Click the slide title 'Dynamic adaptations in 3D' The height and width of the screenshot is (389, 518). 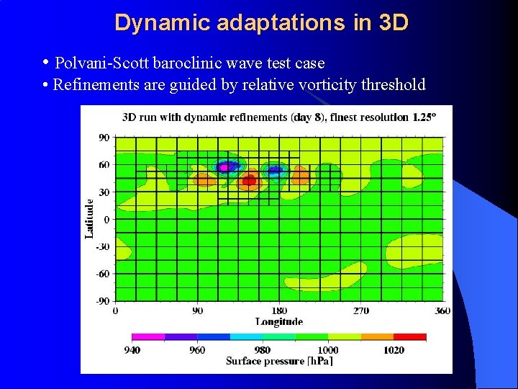pos(261,22)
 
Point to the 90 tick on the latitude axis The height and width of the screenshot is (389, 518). pos(104,137)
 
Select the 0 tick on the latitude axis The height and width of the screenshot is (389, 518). pos(106,219)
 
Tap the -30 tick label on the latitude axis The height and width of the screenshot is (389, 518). pos(103,246)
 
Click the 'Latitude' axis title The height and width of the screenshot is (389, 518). pos(89,219)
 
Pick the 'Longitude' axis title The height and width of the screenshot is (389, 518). pos(278,321)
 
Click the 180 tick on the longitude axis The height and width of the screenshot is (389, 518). pos(279,310)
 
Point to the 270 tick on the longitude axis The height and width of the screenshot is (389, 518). pos(360,310)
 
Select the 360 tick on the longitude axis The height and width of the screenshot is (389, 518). pos(442,310)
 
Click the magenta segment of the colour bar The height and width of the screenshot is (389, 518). pos(148,336)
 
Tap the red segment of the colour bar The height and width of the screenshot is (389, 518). pos(409,336)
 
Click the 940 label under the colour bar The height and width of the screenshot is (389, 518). pos(132,350)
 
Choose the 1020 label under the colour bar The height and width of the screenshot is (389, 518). pos(394,350)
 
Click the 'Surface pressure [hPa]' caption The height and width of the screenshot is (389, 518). pos(279,361)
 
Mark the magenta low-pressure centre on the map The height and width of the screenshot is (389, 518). pos(224,167)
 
